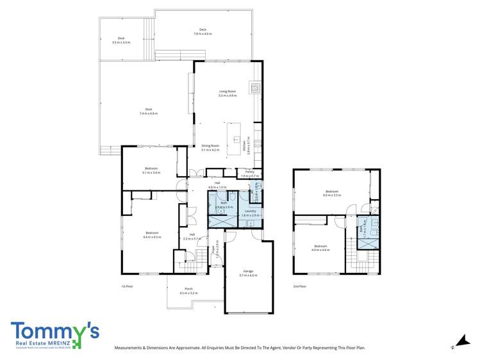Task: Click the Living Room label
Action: tap(228, 94)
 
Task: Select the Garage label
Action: tap(248, 273)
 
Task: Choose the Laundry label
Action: tap(251, 213)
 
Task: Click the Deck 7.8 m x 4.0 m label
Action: tap(203, 31)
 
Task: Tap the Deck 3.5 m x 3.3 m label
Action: tap(120, 40)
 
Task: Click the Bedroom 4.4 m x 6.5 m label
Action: tap(152, 234)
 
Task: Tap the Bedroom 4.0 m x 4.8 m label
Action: tap(320, 248)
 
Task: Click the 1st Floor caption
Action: tap(126, 286)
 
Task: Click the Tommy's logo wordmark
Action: tap(54, 332)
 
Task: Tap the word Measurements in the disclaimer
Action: tap(130, 348)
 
